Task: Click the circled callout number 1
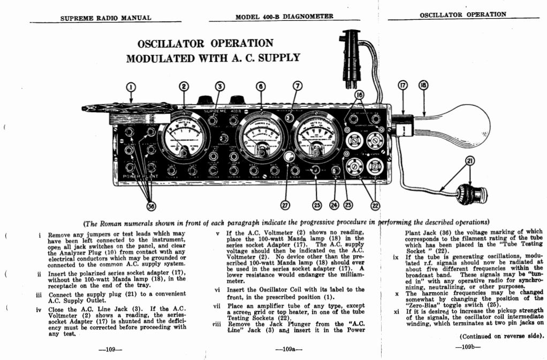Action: tap(131, 87)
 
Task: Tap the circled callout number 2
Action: tap(184, 87)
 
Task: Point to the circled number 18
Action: tap(423, 87)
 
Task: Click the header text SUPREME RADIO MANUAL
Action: tap(106, 18)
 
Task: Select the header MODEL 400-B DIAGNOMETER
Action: tap(284, 17)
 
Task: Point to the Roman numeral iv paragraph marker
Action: tap(39, 309)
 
